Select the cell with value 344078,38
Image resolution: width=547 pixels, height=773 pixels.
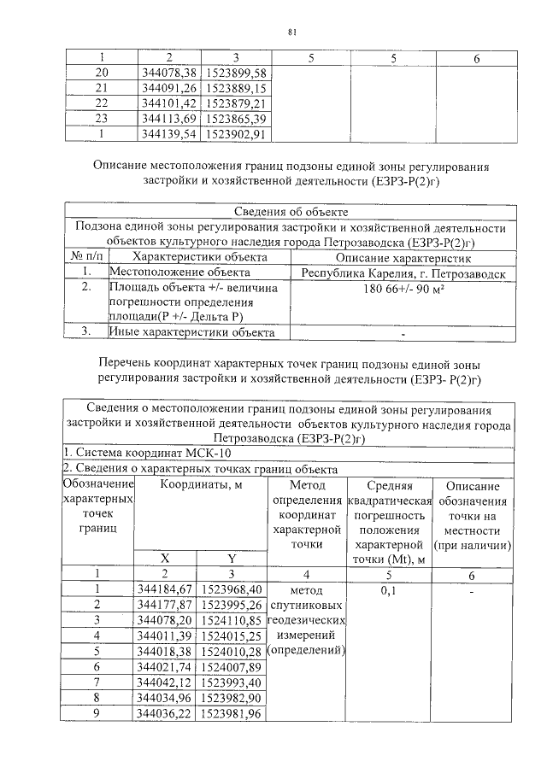pyautogui.click(x=168, y=73)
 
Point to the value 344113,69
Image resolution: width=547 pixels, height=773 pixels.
pyautogui.click(x=168, y=118)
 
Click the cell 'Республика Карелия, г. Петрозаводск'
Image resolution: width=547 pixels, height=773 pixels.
pyautogui.click(x=403, y=272)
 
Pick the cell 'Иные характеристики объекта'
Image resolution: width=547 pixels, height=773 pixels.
pyautogui.click(x=191, y=331)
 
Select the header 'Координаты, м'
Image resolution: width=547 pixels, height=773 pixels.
pyautogui.click(x=201, y=485)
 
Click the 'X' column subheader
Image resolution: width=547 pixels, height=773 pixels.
pyautogui.click(x=168, y=558)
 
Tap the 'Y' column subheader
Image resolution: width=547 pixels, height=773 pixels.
pyautogui.click(x=232, y=558)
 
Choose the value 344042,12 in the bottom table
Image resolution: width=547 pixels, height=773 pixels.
pyautogui.click(x=168, y=682)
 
